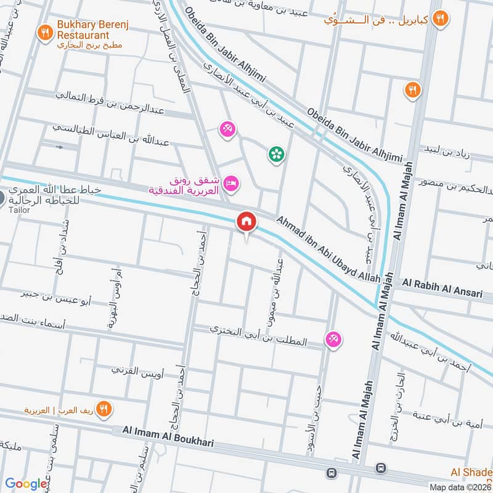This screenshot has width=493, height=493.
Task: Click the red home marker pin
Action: tap(246, 222)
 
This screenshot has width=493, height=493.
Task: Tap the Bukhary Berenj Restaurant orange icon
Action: tap(45, 32)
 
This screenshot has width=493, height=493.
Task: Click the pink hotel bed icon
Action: tap(232, 182)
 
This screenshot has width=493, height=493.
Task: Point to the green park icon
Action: tap(275, 154)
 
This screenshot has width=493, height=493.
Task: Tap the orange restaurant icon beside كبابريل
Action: tap(439, 18)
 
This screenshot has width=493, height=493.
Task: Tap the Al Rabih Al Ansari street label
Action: tap(442, 289)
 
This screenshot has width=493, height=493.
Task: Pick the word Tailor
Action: tap(19, 210)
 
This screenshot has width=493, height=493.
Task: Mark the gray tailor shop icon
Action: tap(2, 198)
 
